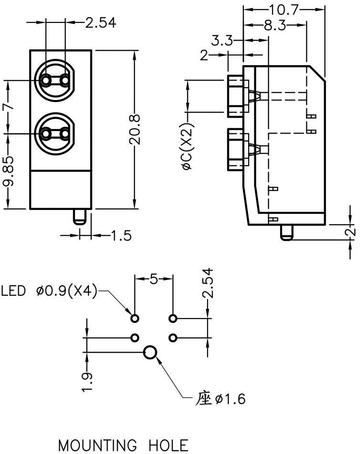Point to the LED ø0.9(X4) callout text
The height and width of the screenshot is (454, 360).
[49, 290]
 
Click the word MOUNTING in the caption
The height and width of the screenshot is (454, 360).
[93, 445]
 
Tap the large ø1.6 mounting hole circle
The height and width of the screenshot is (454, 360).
[151, 353]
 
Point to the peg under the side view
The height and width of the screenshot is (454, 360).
[286, 233]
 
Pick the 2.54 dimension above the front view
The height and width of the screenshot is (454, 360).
[100, 22]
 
